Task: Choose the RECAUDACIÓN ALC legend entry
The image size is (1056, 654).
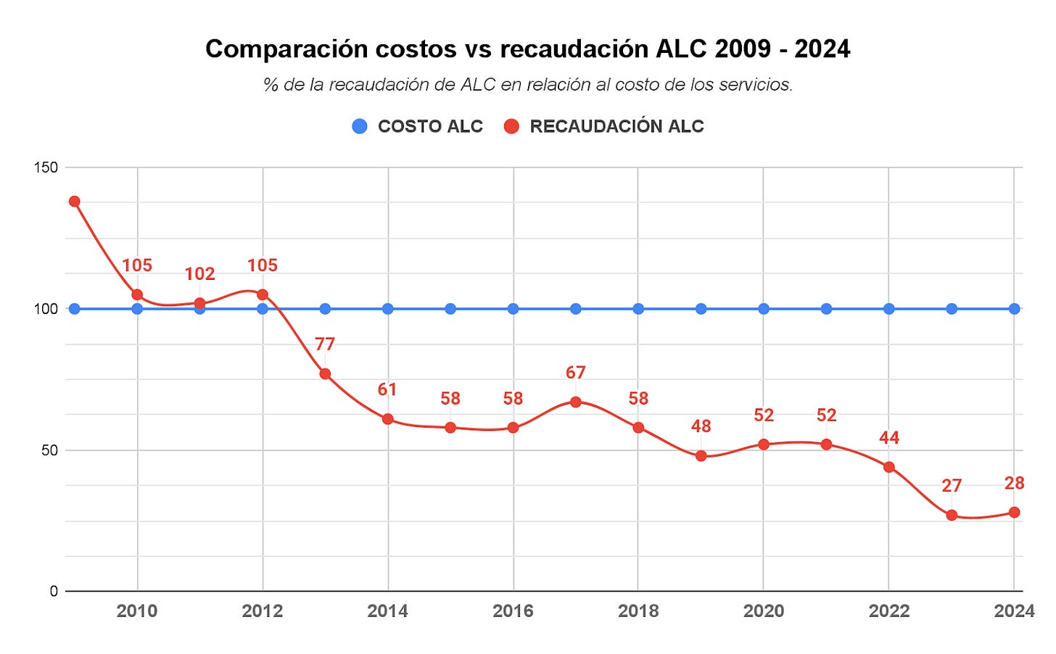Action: click(x=604, y=126)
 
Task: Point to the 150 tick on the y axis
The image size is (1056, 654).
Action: click(x=46, y=167)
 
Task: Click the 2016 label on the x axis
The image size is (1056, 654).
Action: click(x=513, y=611)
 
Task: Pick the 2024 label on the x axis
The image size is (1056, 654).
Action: click(x=1014, y=611)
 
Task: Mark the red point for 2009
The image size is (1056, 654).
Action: click(x=74, y=202)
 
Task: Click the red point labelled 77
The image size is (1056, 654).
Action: click(x=325, y=374)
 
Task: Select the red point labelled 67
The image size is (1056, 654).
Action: click(x=576, y=402)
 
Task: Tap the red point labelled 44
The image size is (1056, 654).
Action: click(x=889, y=467)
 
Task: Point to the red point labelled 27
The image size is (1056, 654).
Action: click(x=952, y=516)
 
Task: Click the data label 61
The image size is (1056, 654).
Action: click(x=387, y=390)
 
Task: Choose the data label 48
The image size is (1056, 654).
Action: click(x=701, y=426)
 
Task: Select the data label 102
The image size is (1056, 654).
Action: click(x=199, y=274)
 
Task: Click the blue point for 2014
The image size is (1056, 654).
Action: click(x=387, y=309)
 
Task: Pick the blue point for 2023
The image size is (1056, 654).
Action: click(x=952, y=309)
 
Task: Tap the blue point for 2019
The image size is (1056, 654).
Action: click(x=701, y=309)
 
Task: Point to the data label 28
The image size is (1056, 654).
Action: click(x=1014, y=484)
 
